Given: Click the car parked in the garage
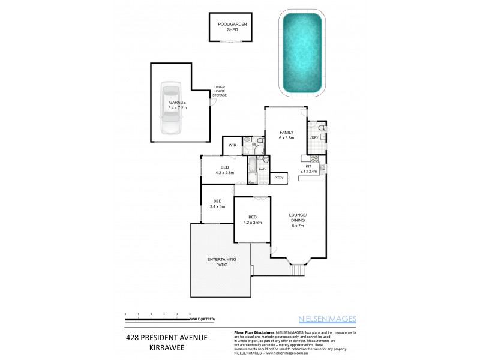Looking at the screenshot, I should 170,108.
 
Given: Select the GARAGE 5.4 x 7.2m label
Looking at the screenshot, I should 177,106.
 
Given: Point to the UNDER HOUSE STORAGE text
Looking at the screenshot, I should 220,91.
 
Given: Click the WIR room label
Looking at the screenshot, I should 232,145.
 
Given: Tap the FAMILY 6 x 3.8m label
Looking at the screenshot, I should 286,135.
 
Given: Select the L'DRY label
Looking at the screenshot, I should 313,138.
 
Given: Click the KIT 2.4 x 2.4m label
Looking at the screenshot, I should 309,169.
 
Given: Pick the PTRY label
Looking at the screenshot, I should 278,178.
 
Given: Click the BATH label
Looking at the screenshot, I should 263,170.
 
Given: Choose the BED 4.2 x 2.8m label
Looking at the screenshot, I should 224,170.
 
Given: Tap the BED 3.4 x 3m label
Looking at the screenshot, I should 217,203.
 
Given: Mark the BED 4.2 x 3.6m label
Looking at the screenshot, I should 253,220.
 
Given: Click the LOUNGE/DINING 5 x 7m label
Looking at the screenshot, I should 298,220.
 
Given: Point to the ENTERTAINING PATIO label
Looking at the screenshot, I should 221,262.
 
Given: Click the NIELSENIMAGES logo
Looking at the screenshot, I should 328,319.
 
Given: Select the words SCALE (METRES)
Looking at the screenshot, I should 203,319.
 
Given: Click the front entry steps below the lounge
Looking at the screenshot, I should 297,271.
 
